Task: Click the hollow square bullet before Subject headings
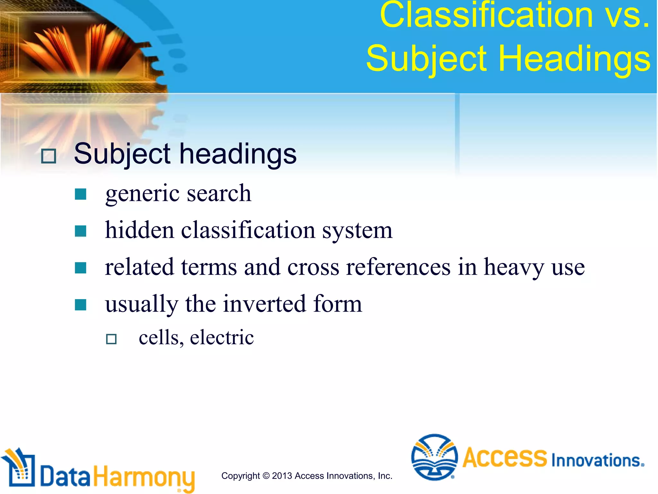[49, 156]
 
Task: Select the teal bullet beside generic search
[80, 194]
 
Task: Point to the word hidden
[140, 230]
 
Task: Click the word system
[357, 231]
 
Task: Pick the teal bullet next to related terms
[80, 268]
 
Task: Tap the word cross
[313, 268]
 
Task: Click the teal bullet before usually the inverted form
[80, 305]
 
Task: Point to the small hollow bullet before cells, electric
[111, 339]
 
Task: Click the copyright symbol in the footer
[266, 476]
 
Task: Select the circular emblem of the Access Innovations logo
[434, 457]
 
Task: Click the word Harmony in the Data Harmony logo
[144, 477]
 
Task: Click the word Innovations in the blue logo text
[597, 461]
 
